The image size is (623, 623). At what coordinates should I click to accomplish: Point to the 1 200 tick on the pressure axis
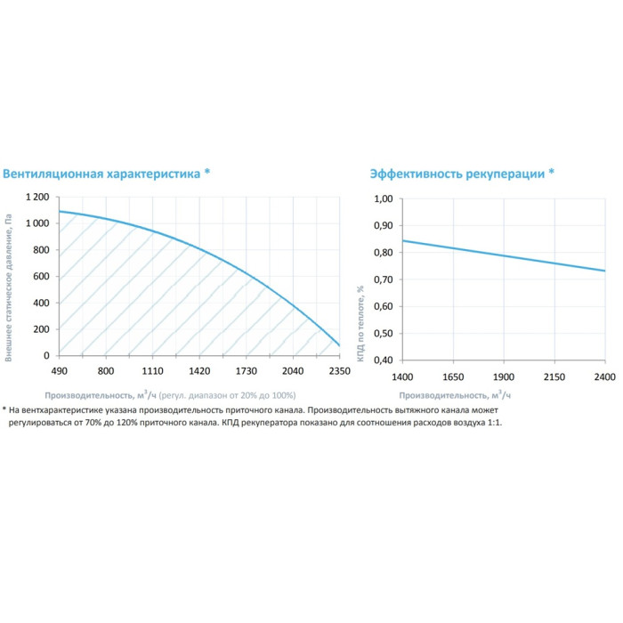pos(36,197)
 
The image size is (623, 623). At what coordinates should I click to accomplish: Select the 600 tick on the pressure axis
pos(42,277)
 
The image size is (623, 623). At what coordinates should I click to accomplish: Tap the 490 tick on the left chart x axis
pos(59,371)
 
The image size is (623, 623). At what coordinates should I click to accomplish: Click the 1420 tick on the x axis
pos(199,371)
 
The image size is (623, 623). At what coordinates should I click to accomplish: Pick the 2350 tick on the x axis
pos(339,371)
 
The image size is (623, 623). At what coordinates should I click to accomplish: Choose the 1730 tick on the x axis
pos(246,371)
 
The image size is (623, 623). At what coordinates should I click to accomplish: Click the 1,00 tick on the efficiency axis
pos(382,199)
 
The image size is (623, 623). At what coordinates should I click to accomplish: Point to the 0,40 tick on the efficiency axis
pos(382,360)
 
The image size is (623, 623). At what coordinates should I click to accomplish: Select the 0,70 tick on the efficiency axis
pos(382,279)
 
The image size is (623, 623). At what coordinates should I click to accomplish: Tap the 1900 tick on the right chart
pos(504,376)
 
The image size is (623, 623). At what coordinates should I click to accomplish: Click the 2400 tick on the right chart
pos(604,376)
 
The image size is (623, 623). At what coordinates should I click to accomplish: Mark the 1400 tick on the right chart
pos(402,376)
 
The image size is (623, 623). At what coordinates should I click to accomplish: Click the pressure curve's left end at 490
pos(60,212)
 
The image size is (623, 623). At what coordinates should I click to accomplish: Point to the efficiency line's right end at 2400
pos(604,271)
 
